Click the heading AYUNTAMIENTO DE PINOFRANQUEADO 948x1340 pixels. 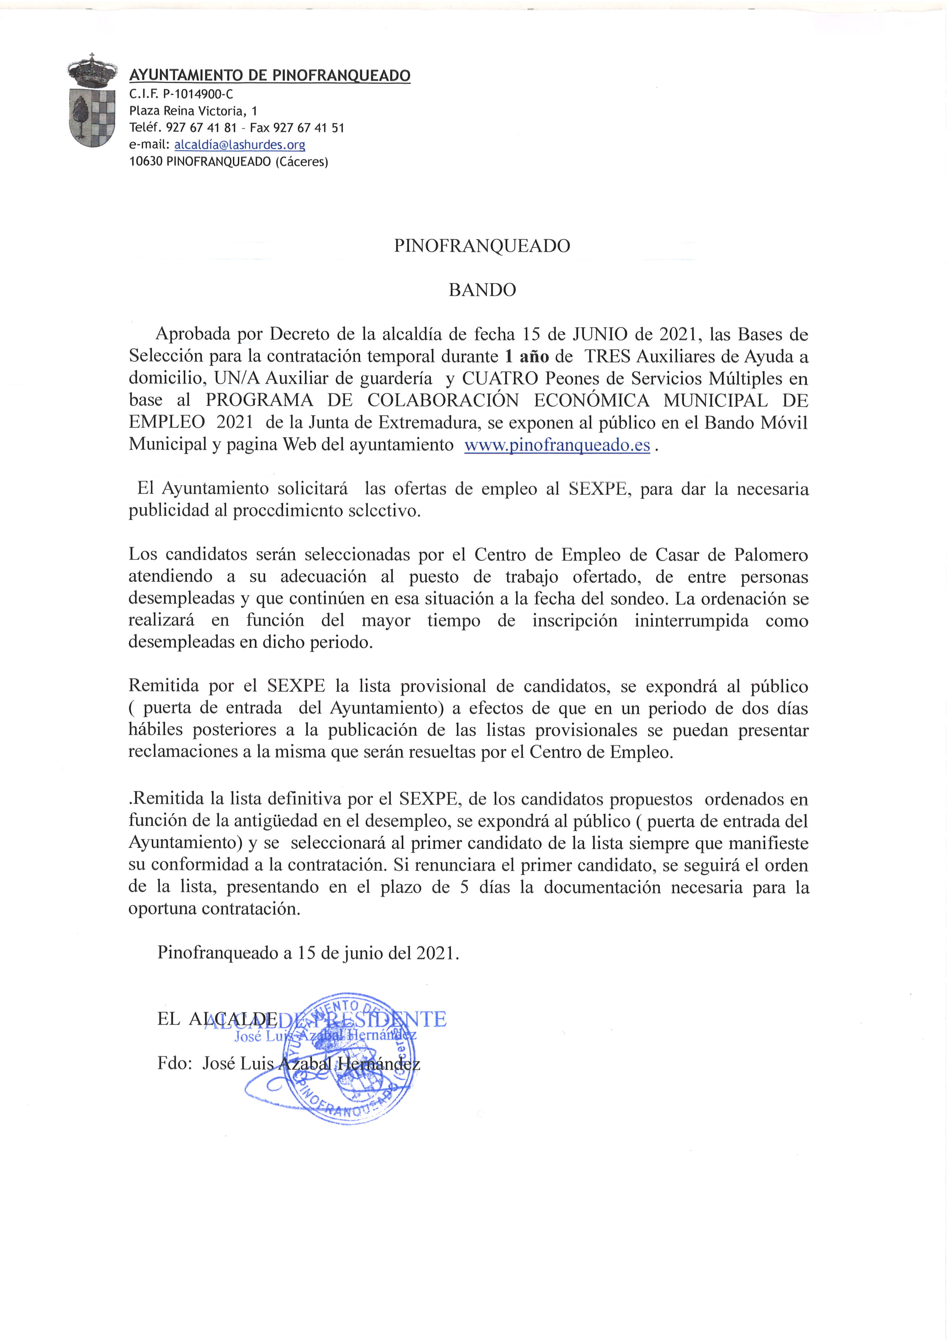pos(269,75)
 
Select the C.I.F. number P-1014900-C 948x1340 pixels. pos(200,94)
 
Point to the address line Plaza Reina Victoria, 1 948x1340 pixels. pos(193,111)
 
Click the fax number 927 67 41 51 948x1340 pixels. pos(309,128)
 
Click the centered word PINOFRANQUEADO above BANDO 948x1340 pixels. pos(482,246)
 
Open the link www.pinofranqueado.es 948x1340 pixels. pos(557,445)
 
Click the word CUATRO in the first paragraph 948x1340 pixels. pos(500,378)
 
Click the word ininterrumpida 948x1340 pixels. pos(691,621)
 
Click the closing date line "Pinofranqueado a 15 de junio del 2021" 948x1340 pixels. pos(308,953)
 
